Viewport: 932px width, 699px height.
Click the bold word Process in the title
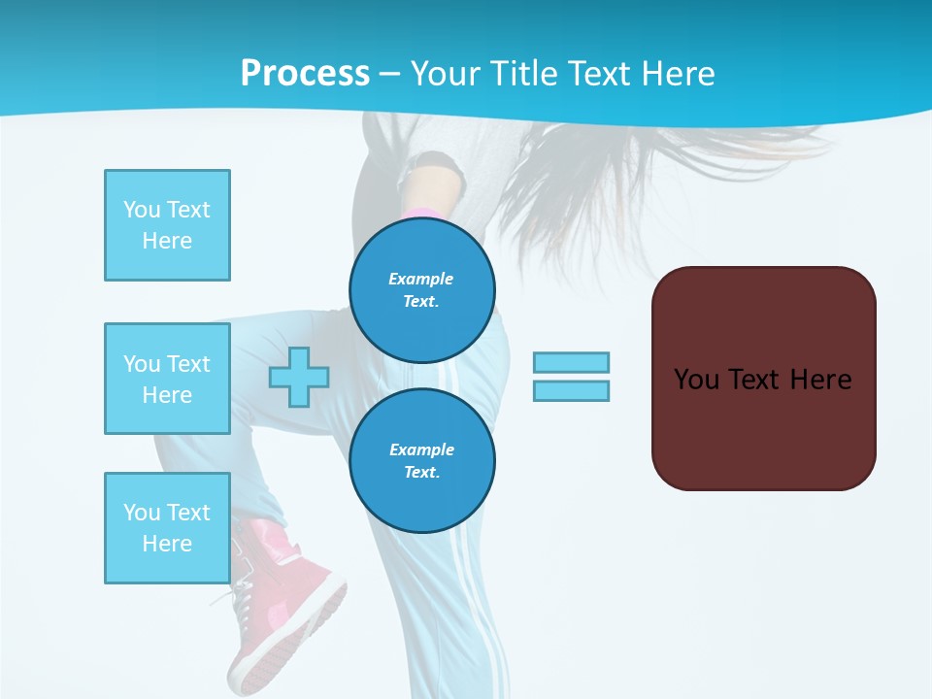point(305,73)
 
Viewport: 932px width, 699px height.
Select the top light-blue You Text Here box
point(167,225)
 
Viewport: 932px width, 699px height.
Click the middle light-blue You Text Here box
point(167,379)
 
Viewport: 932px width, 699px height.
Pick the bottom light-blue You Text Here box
point(167,528)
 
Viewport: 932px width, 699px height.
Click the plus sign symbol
point(298,378)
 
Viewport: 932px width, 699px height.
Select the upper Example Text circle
point(422,290)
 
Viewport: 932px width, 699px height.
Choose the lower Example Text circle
point(422,461)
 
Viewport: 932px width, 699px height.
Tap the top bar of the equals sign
point(571,362)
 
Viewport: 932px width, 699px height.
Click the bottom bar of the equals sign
point(571,390)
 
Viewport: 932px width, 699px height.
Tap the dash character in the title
point(389,74)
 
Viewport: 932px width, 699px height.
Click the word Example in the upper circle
point(421,279)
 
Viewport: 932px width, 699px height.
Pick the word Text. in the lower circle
point(421,473)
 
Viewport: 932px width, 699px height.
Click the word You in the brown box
point(696,380)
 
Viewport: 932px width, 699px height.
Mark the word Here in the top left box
point(167,241)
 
